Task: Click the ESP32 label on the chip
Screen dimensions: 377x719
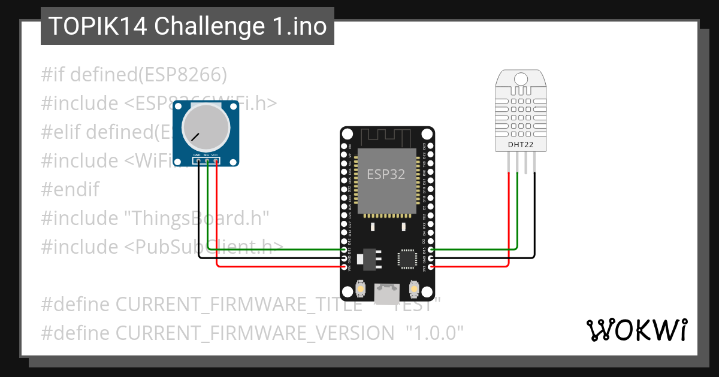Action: [x=386, y=175]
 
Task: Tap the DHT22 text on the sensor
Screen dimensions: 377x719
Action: [x=521, y=144]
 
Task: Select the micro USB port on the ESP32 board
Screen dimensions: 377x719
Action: [x=386, y=293]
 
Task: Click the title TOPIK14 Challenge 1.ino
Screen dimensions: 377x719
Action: [x=187, y=26]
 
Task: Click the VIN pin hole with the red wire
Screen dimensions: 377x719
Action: [x=344, y=267]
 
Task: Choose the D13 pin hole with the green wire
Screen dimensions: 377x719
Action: [x=344, y=250]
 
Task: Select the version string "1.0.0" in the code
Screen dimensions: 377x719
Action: [x=434, y=333]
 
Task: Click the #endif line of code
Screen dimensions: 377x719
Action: [x=70, y=189]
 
